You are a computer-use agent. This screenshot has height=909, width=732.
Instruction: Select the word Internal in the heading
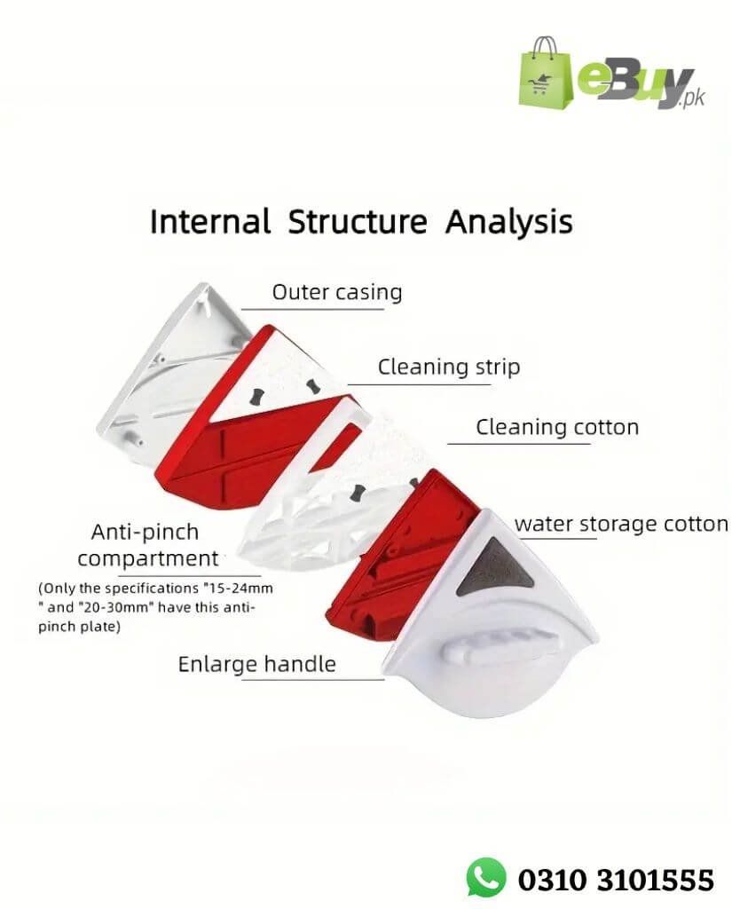pyautogui.click(x=209, y=221)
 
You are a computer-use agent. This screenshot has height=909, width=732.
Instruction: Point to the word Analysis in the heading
pyautogui.click(x=509, y=222)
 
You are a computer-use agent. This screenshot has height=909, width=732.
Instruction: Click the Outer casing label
pyautogui.click(x=336, y=292)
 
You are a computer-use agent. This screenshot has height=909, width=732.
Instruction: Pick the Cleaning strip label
pyautogui.click(x=449, y=367)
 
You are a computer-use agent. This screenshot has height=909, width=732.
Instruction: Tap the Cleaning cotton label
pyautogui.click(x=557, y=427)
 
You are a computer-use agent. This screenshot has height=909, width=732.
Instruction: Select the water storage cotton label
pyautogui.click(x=621, y=524)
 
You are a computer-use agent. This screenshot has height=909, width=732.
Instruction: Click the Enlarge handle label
pyautogui.click(x=257, y=664)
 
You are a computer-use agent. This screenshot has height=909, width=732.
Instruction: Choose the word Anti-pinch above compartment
pyautogui.click(x=145, y=533)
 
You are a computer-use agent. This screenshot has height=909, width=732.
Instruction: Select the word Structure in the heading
pyautogui.click(x=357, y=222)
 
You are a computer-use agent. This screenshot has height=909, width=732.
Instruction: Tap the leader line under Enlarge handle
pyautogui.click(x=311, y=680)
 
